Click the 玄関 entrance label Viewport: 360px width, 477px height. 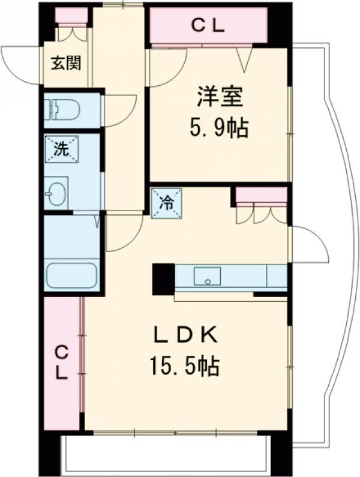66,63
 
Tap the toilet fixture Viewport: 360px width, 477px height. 62,109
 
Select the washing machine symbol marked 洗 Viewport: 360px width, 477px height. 62,149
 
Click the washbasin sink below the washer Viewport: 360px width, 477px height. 56,193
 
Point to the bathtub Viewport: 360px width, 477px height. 72,275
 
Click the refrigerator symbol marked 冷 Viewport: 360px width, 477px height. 167,203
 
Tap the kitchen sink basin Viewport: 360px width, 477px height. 208,276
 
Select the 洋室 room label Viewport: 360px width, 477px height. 220,97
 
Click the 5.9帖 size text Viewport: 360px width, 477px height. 219,128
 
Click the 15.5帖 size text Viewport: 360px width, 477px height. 184,366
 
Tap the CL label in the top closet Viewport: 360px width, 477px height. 208,26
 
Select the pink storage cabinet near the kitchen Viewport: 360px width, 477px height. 262,194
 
